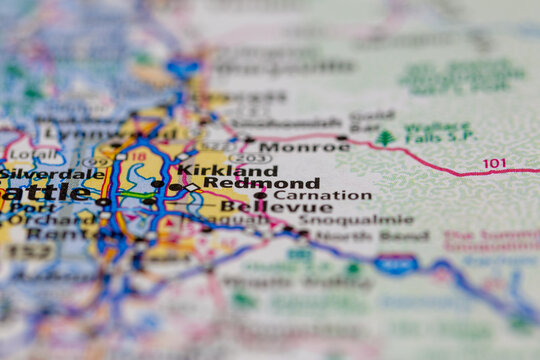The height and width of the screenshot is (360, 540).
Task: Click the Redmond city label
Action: coord(262,184)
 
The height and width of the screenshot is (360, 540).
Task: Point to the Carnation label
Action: coord(322,196)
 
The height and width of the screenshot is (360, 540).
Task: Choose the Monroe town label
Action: coord(290,146)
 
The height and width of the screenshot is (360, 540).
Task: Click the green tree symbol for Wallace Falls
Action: coord(386,138)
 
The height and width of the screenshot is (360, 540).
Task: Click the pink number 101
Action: coord(494,163)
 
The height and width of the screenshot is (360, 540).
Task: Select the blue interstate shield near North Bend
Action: coord(396,264)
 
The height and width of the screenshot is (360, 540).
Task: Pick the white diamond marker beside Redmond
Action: coord(191,187)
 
